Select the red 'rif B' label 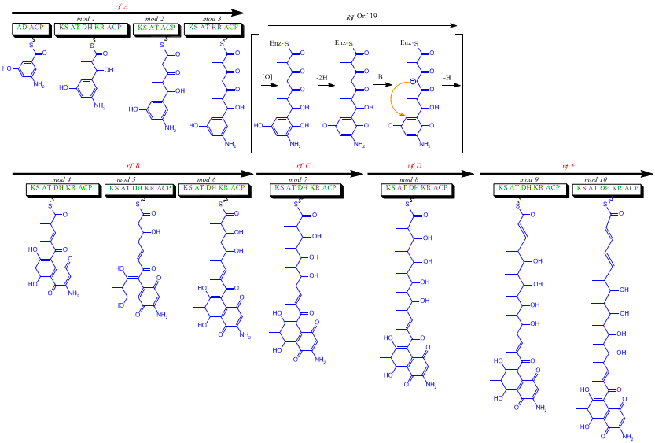click(134, 166)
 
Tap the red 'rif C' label click(304, 166)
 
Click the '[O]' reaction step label click(268, 77)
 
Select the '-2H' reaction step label click(322, 77)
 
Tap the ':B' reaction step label click(378, 77)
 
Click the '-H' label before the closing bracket click(447, 77)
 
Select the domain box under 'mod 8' click(416, 189)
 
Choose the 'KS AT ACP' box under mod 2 click(156, 28)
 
